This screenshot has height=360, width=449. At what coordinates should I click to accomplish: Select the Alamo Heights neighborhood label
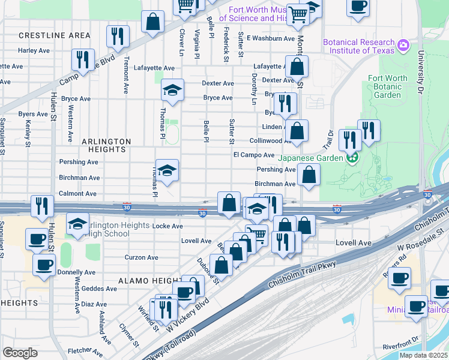point(148,281)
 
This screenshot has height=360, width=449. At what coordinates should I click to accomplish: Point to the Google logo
point(20,353)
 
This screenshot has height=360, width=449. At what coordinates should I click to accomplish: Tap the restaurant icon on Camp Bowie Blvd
point(83,59)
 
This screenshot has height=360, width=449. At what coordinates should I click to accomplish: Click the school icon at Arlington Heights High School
point(77,224)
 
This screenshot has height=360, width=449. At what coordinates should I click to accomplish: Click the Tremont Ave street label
point(126,74)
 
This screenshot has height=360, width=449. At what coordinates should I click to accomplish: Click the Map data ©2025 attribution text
point(423,355)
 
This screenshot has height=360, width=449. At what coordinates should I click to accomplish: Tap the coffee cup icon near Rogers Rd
point(400,277)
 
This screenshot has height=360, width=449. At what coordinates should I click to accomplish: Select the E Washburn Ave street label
point(270,38)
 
